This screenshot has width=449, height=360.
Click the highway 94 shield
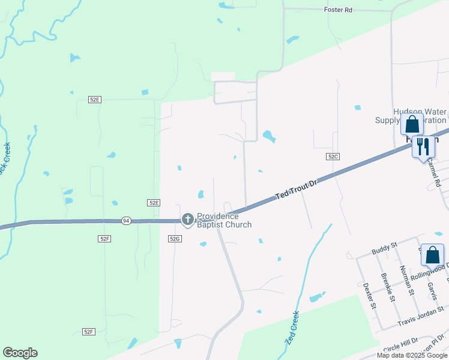[125, 221]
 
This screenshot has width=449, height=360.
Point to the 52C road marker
[333, 156]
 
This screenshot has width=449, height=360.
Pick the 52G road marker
[175, 238]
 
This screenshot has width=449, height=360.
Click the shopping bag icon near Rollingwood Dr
[432, 255]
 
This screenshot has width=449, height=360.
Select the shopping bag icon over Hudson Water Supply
[412, 125]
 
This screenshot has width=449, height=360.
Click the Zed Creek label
[290, 326]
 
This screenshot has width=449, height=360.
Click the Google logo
[20, 353]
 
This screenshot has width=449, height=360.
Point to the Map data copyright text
[412, 355]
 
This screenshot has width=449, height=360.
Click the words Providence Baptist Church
[224, 220]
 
